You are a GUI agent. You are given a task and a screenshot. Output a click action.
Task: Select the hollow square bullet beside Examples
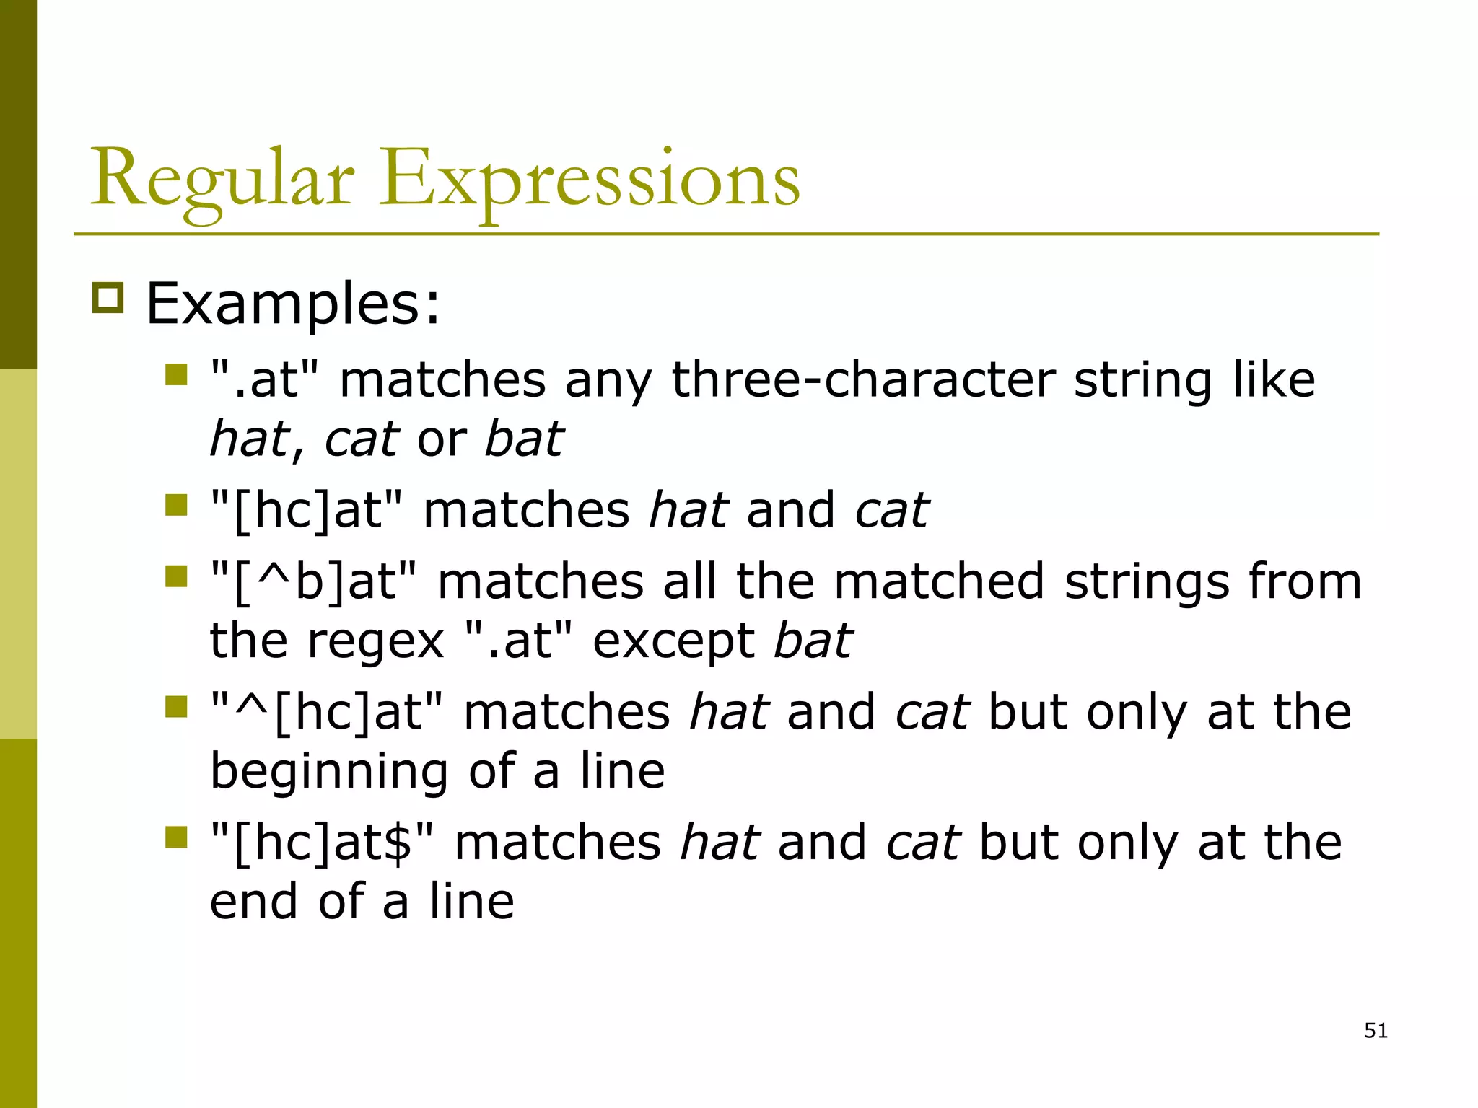tap(108, 298)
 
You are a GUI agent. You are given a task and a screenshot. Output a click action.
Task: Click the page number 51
tap(1376, 1031)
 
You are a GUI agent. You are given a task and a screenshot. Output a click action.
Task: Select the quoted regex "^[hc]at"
tap(328, 712)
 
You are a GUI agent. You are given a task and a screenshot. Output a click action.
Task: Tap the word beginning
tap(329, 771)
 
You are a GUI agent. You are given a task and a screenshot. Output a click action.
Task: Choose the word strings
tap(1147, 581)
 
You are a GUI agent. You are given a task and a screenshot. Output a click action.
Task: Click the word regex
tap(375, 642)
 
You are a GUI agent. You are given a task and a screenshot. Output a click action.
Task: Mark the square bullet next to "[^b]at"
tap(176, 576)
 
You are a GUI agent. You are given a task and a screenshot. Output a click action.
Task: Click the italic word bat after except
tap(813, 641)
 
